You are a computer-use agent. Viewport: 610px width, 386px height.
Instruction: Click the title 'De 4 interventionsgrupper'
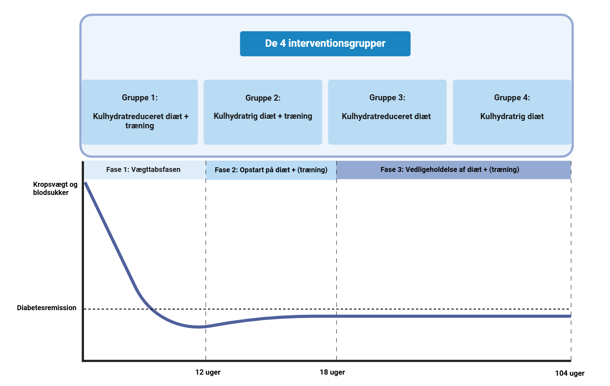pos(325,43)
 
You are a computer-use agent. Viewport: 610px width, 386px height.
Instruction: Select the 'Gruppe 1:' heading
pos(140,97)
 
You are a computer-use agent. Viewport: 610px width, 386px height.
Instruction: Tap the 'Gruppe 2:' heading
pos(263,98)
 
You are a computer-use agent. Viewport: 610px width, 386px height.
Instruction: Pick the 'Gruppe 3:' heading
pos(387,97)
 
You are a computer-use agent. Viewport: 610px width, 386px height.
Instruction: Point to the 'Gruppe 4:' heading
pos(512,97)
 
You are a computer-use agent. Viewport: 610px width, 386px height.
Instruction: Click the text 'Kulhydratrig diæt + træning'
pos(263,116)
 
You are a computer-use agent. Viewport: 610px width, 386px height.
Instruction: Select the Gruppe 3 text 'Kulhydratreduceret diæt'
pos(386,116)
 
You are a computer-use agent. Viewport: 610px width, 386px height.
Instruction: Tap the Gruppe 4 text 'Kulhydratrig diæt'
pos(512,116)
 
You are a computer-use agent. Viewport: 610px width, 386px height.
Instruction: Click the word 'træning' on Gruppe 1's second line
pos(140,126)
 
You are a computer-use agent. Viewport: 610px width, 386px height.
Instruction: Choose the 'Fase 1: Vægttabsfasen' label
pos(143,169)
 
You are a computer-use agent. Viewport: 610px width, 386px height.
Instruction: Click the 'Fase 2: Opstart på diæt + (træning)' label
pos(271,170)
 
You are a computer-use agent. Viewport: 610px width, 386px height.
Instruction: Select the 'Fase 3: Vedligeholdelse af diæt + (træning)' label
pos(450,169)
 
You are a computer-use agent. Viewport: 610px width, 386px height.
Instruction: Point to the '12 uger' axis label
pos(208,372)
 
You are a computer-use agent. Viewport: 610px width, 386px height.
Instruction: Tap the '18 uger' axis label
pos(332,372)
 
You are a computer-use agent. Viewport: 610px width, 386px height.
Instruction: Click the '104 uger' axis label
pos(570,373)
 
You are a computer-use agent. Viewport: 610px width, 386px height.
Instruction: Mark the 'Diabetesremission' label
pos(46,308)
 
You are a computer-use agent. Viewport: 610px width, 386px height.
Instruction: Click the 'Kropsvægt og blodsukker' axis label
pos(55,189)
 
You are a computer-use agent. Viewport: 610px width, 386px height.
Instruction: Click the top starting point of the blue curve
pos(85,183)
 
